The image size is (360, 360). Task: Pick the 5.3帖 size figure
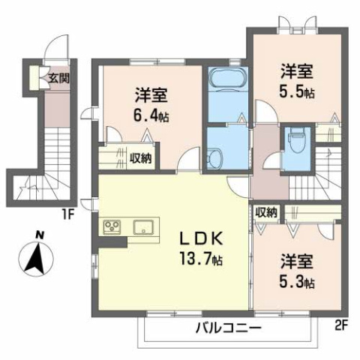pyautogui.click(x=297, y=283)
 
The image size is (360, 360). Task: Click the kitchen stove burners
pyautogui.click(x=112, y=226)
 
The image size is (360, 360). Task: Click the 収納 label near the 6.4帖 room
pyautogui.click(x=140, y=157)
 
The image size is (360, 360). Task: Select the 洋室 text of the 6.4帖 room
pyautogui.click(x=151, y=95)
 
